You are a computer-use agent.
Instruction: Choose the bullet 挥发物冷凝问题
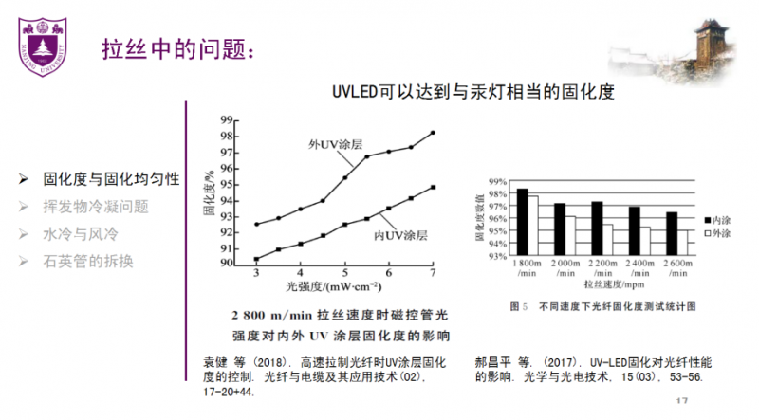tap(96, 206)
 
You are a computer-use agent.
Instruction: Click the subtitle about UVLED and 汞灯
tap(473, 92)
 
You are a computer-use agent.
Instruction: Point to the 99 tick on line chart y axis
tap(226, 120)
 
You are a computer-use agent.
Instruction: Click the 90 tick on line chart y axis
tap(226, 263)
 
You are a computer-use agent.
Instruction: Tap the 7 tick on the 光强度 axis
tap(433, 274)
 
